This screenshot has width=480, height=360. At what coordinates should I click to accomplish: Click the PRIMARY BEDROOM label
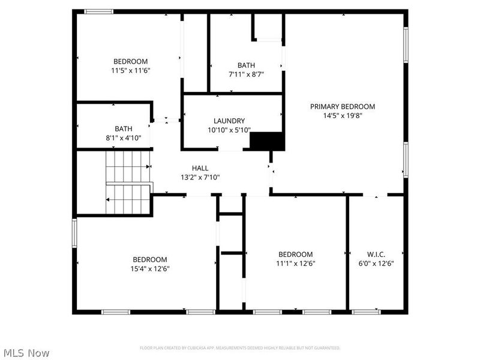click(x=342, y=107)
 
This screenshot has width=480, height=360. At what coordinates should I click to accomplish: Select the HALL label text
click(x=200, y=168)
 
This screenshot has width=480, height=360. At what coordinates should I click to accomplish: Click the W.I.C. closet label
click(x=376, y=254)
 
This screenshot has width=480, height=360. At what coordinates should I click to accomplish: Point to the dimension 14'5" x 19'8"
click(x=342, y=116)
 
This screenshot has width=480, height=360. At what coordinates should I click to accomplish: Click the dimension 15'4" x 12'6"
click(x=150, y=269)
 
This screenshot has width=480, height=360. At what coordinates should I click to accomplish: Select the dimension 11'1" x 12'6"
click(x=295, y=263)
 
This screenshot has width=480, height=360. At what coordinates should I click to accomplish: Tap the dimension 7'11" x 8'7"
click(x=246, y=74)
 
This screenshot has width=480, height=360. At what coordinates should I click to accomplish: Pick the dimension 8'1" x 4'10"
click(x=124, y=137)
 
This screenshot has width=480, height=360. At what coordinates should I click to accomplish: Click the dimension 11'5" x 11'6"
click(x=130, y=70)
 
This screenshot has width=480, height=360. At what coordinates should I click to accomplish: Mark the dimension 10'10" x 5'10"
click(x=229, y=130)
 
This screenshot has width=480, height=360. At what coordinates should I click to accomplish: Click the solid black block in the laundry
click(x=266, y=141)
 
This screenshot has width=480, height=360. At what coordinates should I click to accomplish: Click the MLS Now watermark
click(x=26, y=353)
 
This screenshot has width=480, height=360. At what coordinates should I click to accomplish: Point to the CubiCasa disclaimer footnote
click(x=240, y=348)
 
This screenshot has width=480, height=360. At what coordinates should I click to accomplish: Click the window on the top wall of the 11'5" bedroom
click(x=98, y=11)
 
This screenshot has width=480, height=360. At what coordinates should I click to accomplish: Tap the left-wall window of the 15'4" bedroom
click(x=75, y=233)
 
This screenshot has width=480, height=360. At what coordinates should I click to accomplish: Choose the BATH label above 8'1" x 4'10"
click(x=124, y=128)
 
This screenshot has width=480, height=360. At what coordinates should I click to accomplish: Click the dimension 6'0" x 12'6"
click(x=376, y=263)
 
